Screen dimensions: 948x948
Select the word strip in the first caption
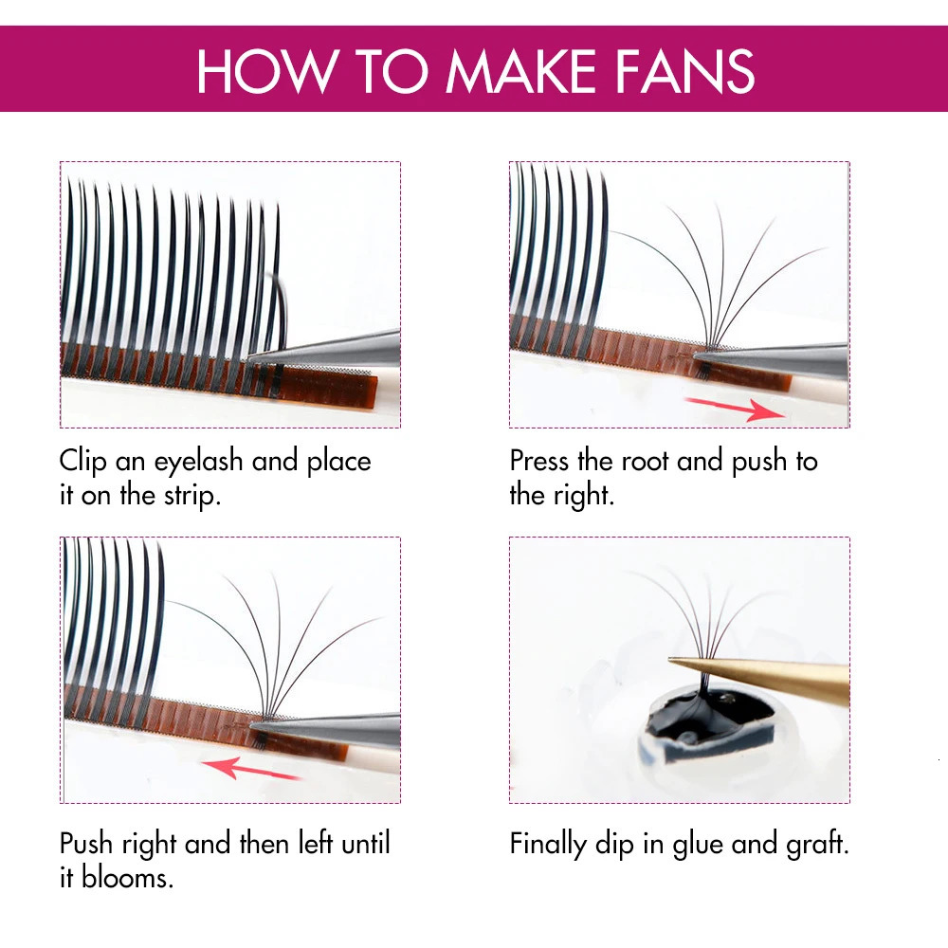coord(187,496)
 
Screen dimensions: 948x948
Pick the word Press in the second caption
coord(540,462)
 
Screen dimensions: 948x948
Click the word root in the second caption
coord(645,462)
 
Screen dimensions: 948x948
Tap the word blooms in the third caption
coord(126,877)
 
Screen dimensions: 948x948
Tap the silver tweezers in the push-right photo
coord(777,358)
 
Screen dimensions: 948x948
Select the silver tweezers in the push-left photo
coord(332,728)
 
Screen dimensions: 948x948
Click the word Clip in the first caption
coord(82,462)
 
